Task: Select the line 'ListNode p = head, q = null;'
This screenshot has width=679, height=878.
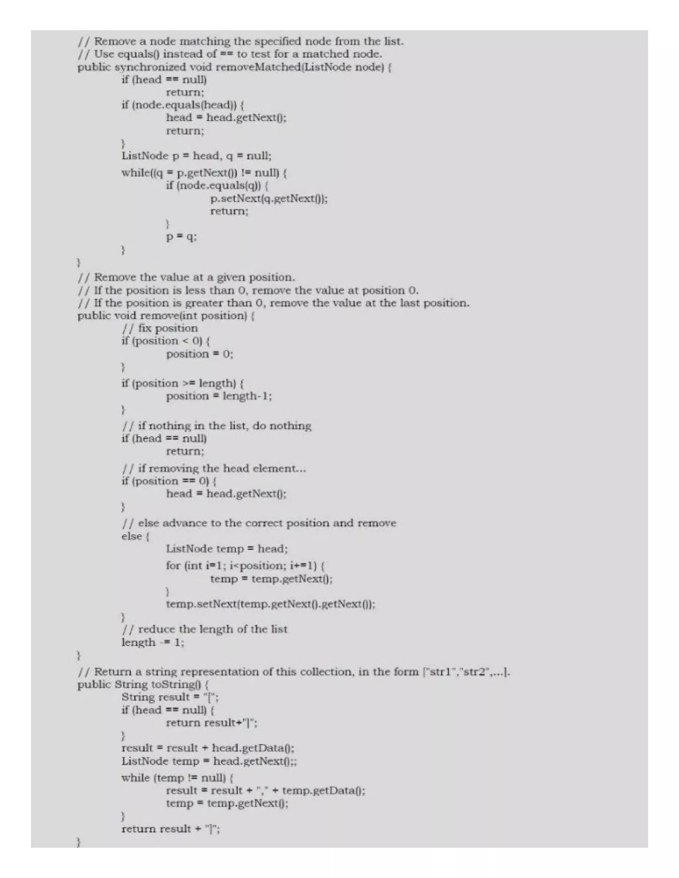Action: pos(196,156)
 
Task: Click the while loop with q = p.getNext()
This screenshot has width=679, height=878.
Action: pos(204,173)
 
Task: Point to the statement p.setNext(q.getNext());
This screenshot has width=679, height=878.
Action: pos(269,198)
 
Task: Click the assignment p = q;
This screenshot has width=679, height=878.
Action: pos(181,237)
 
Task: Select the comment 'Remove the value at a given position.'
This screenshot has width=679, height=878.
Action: pos(194,277)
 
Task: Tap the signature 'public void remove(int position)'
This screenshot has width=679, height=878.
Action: pos(166,315)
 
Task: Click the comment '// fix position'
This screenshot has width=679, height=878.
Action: pos(160,328)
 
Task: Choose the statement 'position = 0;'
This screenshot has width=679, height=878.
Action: pos(200,354)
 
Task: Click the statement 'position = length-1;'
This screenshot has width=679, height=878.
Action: pos(219,396)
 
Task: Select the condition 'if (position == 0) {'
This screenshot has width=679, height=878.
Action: pos(169,481)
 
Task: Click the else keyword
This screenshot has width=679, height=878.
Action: pos(132,536)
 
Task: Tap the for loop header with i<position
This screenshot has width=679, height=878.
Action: pos(245,566)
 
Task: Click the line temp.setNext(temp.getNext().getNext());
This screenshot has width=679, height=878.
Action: pos(270,604)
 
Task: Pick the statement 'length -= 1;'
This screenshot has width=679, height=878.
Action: pos(153,642)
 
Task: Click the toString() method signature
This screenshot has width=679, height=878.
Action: pos(143,684)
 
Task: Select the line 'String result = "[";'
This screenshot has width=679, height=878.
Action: pos(170,697)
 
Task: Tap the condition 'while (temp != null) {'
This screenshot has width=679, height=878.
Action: pos(177,778)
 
